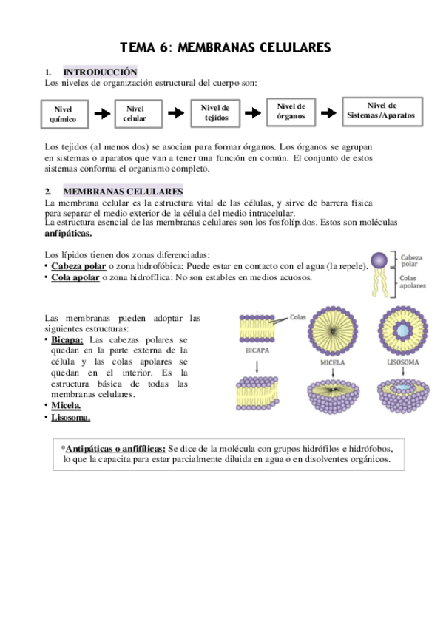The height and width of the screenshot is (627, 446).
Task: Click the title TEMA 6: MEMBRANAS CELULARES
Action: tap(225, 48)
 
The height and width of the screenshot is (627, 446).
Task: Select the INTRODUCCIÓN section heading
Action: tap(100, 72)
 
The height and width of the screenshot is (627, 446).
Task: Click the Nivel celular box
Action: tap(135, 113)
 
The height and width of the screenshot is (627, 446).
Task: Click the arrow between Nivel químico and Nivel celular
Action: tap(98, 114)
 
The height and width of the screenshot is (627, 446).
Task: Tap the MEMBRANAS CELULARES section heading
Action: tap(124, 192)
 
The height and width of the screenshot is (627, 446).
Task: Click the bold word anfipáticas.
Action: tap(68, 234)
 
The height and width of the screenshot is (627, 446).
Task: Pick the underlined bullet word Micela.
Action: tap(66, 406)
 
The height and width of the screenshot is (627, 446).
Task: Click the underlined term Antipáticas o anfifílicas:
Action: tap(116, 449)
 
